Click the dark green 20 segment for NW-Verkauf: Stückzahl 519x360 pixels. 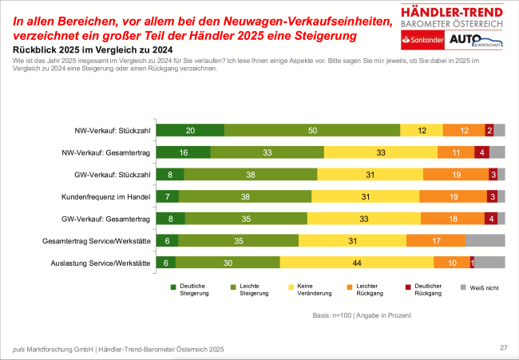190,130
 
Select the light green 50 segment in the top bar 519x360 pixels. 312,130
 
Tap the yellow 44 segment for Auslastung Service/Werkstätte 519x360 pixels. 356,261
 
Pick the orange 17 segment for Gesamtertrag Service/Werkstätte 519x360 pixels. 435,239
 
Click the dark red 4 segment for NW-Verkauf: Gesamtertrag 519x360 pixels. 481,152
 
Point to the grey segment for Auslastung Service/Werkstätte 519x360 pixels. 490,261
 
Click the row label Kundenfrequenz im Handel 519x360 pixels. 106,196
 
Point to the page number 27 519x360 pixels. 504,347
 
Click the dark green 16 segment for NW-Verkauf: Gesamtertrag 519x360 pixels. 183,152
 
